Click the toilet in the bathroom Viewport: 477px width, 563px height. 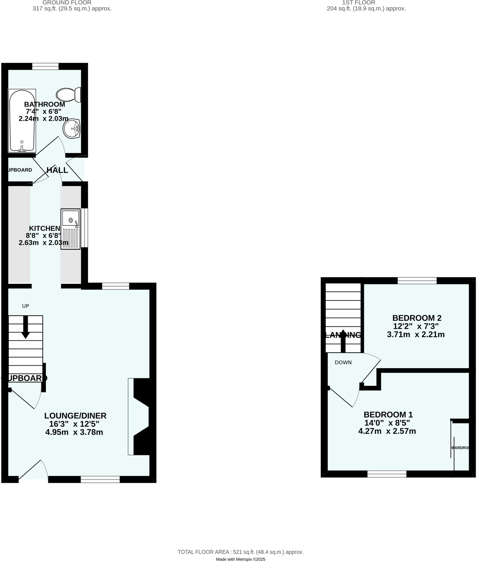(68, 95)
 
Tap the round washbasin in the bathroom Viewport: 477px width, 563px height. (71, 129)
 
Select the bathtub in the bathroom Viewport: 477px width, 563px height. (22, 120)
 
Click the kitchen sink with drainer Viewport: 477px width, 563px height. (70, 229)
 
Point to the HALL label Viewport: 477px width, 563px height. (57, 170)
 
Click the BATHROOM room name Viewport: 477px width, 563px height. (45, 104)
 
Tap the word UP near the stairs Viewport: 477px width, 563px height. (26, 306)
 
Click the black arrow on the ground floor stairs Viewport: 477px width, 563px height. (26, 327)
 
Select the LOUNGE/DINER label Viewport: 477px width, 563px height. (75, 416)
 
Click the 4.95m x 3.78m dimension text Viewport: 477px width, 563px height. (74, 432)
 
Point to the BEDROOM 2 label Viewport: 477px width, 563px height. (417, 318)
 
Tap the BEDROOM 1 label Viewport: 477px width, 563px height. (388, 415)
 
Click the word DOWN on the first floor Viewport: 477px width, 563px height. (343, 363)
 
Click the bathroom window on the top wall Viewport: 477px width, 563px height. (45, 66)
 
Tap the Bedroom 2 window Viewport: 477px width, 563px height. (417, 281)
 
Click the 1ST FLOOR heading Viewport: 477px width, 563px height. (359, 3)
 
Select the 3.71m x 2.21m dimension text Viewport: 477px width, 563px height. (416, 335)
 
